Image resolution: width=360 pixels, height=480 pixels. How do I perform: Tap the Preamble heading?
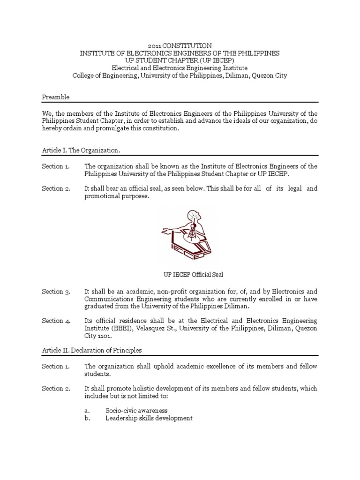click(x=55, y=97)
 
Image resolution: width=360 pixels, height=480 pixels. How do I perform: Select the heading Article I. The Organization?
click(x=81, y=150)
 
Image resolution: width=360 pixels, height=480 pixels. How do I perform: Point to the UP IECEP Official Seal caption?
click(x=180, y=274)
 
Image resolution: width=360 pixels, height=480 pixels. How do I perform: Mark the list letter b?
click(x=87, y=418)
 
